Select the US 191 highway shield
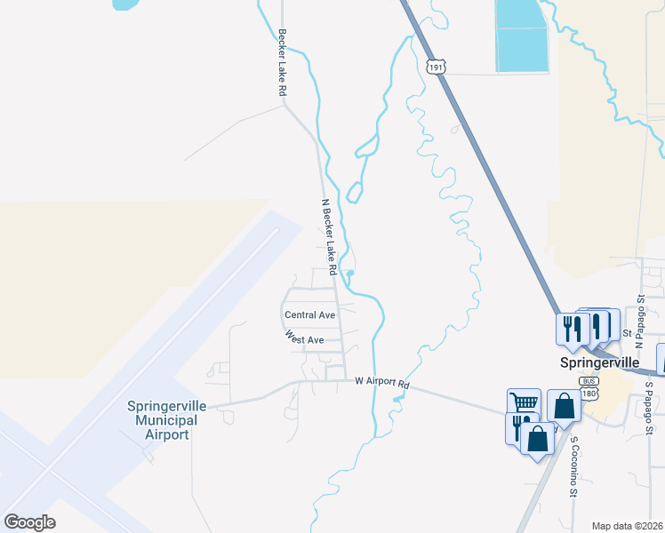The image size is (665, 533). pyautogui.click(x=435, y=67)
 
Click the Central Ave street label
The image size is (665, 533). pyautogui.click(x=309, y=315)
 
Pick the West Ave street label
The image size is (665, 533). pyautogui.click(x=304, y=338)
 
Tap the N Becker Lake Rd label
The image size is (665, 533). pyautogui.click(x=329, y=235)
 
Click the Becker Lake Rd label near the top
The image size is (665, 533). pyautogui.click(x=282, y=62)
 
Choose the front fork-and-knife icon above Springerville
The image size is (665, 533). pyautogui.click(x=570, y=329)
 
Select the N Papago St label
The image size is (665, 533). pyautogui.click(x=639, y=315)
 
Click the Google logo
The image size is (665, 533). pyautogui.click(x=30, y=522)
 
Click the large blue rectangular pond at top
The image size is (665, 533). pyautogui.click(x=520, y=36)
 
